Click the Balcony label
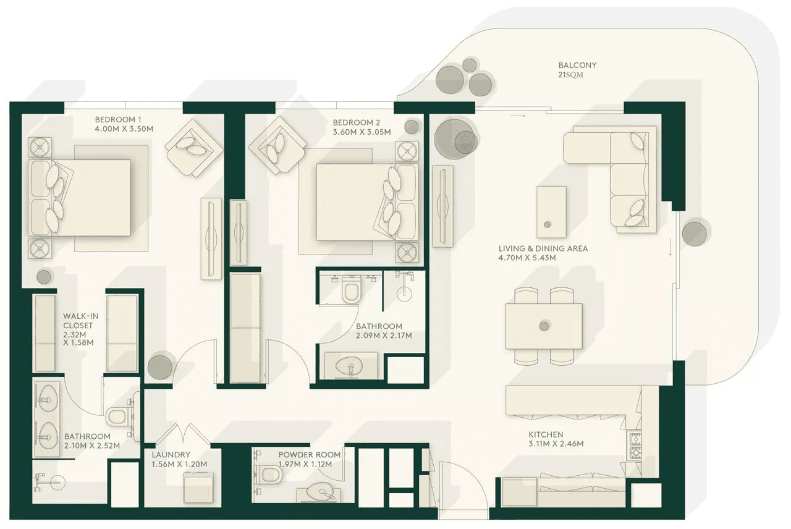pos(577,66)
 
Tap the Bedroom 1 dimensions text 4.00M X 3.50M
pos(124,129)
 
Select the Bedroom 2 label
pos(357,122)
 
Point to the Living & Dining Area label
pos(543,248)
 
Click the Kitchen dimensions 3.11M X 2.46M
pos(556,444)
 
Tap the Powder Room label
pos(310,455)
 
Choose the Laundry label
pos(171,455)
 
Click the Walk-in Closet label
pos(80,321)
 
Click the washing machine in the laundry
pos(198,488)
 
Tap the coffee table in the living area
pos(551,212)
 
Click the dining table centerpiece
pos(544,326)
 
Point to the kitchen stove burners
pos(635,445)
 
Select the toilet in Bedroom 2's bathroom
pos(351,289)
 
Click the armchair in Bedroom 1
pos(194,148)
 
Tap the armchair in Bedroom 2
pos(277,145)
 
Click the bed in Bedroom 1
pos(80,198)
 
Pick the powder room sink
pos(320,492)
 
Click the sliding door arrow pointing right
pos(518,116)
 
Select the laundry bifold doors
pos(183,434)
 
